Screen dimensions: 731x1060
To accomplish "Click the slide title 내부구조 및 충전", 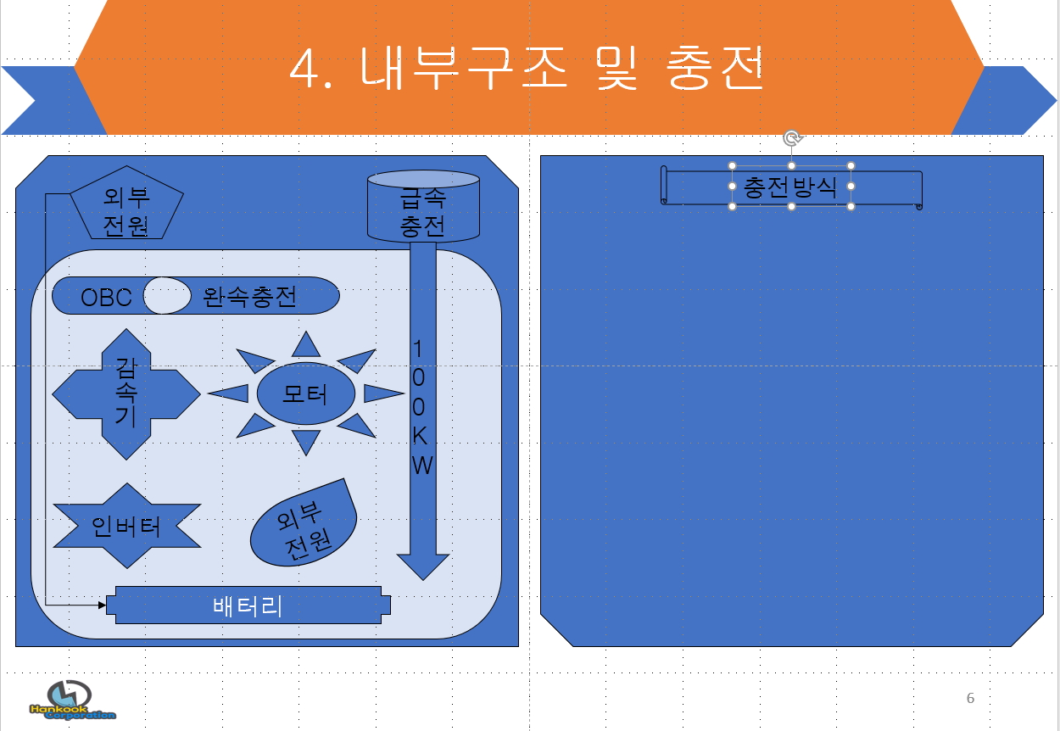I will pyautogui.click(x=527, y=68).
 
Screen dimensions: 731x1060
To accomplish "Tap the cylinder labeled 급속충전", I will pyautogui.click(x=423, y=208).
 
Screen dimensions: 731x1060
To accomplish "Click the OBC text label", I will pyautogui.click(x=106, y=298).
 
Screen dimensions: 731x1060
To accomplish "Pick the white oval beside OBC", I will pyautogui.click(x=167, y=295).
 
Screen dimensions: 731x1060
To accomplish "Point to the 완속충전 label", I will pyautogui.click(x=250, y=297).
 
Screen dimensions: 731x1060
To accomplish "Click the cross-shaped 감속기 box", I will pyautogui.click(x=126, y=394).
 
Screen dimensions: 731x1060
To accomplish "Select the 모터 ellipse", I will pyautogui.click(x=305, y=393).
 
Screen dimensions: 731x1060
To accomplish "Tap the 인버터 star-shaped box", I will pyautogui.click(x=126, y=526).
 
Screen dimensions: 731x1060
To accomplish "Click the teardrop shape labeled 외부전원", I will pyautogui.click(x=303, y=526).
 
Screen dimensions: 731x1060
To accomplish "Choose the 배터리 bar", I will pyautogui.click(x=248, y=605).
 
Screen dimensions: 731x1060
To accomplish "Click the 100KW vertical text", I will pyautogui.click(x=421, y=407).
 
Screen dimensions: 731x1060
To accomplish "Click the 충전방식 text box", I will pyautogui.click(x=790, y=187).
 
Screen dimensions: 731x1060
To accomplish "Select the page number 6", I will pyautogui.click(x=970, y=699).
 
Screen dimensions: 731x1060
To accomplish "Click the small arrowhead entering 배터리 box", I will pyautogui.click(x=103, y=605).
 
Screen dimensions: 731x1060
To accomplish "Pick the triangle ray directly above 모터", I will pyautogui.click(x=306, y=343).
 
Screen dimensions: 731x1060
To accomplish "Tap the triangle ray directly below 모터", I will pyautogui.click(x=306, y=442).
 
